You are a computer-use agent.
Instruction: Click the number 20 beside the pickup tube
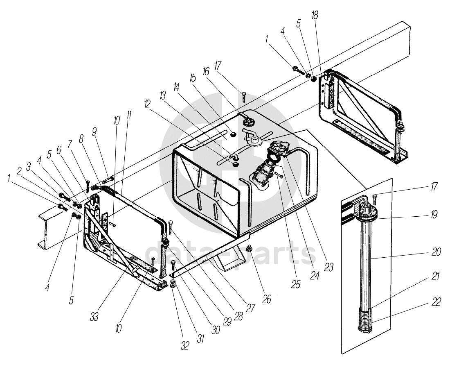coord(436,252)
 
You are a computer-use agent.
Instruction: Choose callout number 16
coord(205,72)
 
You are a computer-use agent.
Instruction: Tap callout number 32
coord(185,345)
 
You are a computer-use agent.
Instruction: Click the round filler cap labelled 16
coord(247,121)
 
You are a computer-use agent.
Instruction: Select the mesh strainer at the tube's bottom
coord(365,322)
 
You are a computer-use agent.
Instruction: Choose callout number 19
coord(434,214)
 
